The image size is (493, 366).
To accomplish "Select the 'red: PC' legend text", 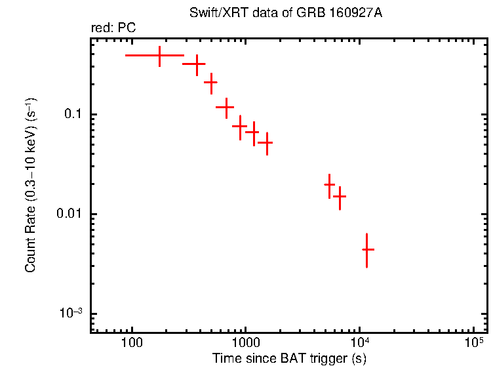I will tap(113, 28).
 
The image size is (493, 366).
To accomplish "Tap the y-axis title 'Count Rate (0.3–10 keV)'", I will tap(31, 186).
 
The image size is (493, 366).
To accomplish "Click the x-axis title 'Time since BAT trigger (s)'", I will tap(288, 358).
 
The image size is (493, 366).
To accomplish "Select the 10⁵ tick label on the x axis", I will tap(473, 342).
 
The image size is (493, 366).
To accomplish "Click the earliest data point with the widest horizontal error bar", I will tap(159, 56).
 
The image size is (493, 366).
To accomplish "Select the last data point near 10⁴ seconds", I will tap(368, 250).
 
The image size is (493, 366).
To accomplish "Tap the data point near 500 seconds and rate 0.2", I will tap(211, 83).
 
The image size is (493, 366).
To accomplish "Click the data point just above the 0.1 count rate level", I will tap(226, 106).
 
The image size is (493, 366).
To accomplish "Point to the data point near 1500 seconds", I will tap(267, 142).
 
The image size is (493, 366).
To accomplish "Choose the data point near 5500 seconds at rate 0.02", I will tap(330, 186).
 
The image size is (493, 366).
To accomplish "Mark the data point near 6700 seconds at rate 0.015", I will tap(340, 196).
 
